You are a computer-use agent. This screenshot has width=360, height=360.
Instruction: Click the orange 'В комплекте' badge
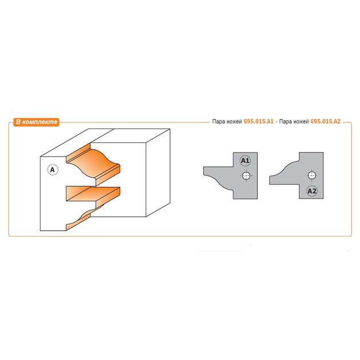36,122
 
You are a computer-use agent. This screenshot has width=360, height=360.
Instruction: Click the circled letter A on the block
53,170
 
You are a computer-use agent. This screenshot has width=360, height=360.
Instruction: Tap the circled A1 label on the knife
245,161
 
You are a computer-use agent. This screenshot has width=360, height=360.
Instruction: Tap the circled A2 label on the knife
312,191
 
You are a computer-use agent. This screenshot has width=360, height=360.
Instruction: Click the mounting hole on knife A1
246,176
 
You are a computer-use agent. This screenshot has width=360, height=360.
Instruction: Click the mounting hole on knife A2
312,175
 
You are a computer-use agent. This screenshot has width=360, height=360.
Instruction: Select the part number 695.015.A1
258,122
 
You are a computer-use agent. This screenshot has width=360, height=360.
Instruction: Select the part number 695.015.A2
325,122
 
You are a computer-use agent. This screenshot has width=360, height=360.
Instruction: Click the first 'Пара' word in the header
218,122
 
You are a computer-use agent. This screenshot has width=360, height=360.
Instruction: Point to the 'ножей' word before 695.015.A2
301,122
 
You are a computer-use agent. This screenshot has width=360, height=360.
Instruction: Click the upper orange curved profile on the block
93,163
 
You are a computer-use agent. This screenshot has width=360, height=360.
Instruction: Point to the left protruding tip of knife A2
270,180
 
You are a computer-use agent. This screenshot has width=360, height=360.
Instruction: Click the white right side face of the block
158,172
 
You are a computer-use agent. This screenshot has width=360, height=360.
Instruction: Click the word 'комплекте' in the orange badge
43,122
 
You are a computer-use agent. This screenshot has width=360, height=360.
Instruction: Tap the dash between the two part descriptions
277,122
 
